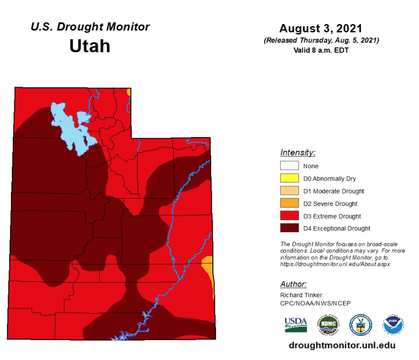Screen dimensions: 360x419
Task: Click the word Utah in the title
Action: click(x=89, y=46)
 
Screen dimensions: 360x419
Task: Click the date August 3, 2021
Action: click(x=321, y=28)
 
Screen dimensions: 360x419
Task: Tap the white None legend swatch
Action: click(x=290, y=166)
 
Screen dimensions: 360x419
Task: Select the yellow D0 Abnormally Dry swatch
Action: click(x=290, y=179)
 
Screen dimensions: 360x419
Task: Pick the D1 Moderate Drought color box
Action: click(x=290, y=191)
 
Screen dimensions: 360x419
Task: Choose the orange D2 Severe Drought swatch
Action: click(x=290, y=203)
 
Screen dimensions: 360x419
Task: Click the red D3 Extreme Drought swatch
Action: click(x=290, y=216)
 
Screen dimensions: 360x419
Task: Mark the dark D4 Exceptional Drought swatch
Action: click(x=290, y=228)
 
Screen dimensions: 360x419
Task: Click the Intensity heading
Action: click(x=297, y=153)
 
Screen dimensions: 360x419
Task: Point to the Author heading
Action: click(x=293, y=284)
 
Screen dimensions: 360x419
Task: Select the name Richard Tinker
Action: click(x=301, y=295)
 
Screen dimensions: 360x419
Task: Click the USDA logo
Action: click(x=296, y=325)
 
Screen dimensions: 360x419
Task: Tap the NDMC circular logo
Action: click(x=328, y=325)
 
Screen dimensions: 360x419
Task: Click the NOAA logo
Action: click(x=393, y=325)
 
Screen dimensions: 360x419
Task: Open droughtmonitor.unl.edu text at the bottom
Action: click(x=342, y=345)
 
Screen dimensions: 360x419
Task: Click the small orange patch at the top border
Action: click(x=128, y=92)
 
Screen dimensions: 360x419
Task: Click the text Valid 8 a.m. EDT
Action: click(x=321, y=50)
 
